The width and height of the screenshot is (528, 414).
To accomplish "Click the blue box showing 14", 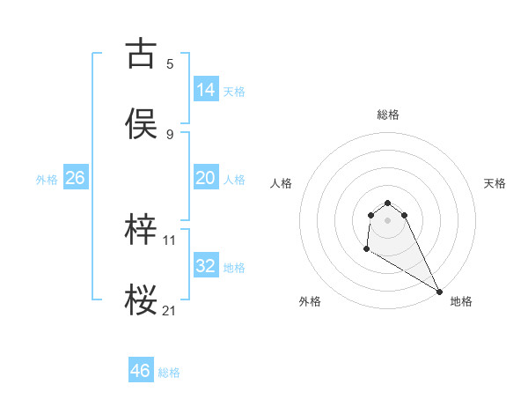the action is pos(206,89).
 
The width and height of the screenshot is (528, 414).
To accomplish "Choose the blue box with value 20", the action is pos(206,178).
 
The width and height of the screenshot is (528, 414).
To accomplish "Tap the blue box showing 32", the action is pos(206,266).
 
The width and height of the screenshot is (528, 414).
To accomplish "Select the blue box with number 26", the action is pos(76,178).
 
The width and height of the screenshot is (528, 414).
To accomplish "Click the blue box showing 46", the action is pos(141,371).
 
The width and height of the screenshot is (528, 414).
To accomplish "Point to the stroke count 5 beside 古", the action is pos(170,63).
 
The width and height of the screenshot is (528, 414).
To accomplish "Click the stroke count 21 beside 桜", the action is pos(170,310).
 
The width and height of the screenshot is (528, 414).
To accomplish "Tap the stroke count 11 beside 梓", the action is pos(170,240).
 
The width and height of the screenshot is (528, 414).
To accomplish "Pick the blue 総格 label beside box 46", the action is pos(169,373).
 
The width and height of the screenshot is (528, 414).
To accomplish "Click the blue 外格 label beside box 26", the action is pos(47,180).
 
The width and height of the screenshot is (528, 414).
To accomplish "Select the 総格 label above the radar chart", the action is pos(388,115).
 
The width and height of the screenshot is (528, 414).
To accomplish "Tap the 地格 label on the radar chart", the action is pos(461,301).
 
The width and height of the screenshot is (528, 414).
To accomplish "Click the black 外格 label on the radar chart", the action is pos(310,301).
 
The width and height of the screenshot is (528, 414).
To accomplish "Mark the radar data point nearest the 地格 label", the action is pos(440,292).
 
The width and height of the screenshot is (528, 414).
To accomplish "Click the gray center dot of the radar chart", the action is pos(388,220).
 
